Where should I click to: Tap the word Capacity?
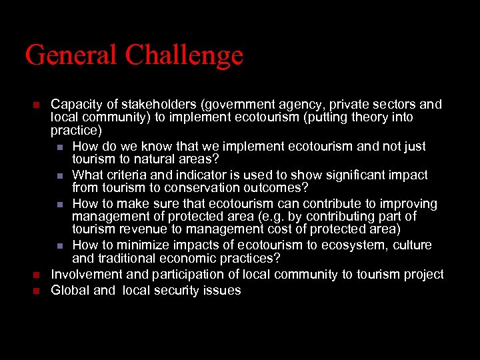pyautogui.click(x=75, y=105)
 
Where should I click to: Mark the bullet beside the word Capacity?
pyautogui.click(x=37, y=105)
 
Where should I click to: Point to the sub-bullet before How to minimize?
pyautogui.click(x=60, y=245)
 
